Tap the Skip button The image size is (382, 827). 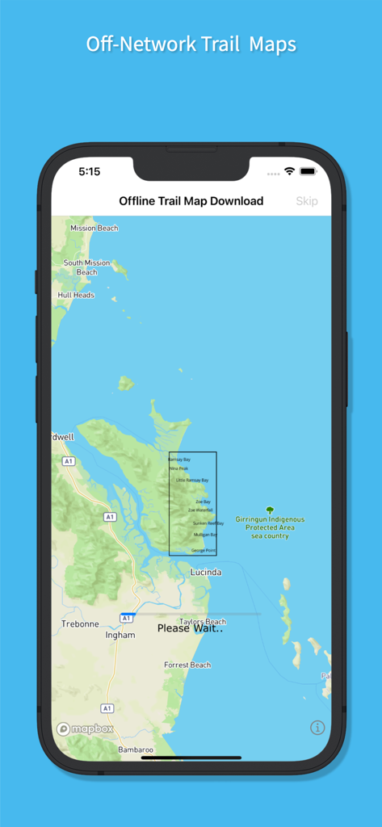tap(307, 201)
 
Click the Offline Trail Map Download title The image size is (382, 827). tap(191, 201)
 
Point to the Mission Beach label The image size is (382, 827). tap(94, 229)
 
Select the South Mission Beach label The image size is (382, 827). tap(87, 267)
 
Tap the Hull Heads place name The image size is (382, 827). tap(76, 296)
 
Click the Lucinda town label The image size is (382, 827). tap(206, 572)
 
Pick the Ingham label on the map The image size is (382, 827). tap(120, 636)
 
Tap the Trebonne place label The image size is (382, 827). tap(81, 624)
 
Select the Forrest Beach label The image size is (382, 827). tap(187, 665)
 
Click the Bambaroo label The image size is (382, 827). tap(136, 750)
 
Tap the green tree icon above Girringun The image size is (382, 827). tap(270, 510)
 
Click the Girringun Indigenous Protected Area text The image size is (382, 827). tap(270, 527)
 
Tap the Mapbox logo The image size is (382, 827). tap(85, 728)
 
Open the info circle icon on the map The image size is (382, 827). tap(317, 728)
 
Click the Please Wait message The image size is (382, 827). tap(190, 628)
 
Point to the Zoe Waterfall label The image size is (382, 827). tap(200, 510)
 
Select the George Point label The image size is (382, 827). tap(204, 551)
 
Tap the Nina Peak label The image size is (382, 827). tap(178, 468)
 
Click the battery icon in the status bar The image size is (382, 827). tap(308, 172)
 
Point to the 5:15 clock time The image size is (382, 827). tap(90, 172)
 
